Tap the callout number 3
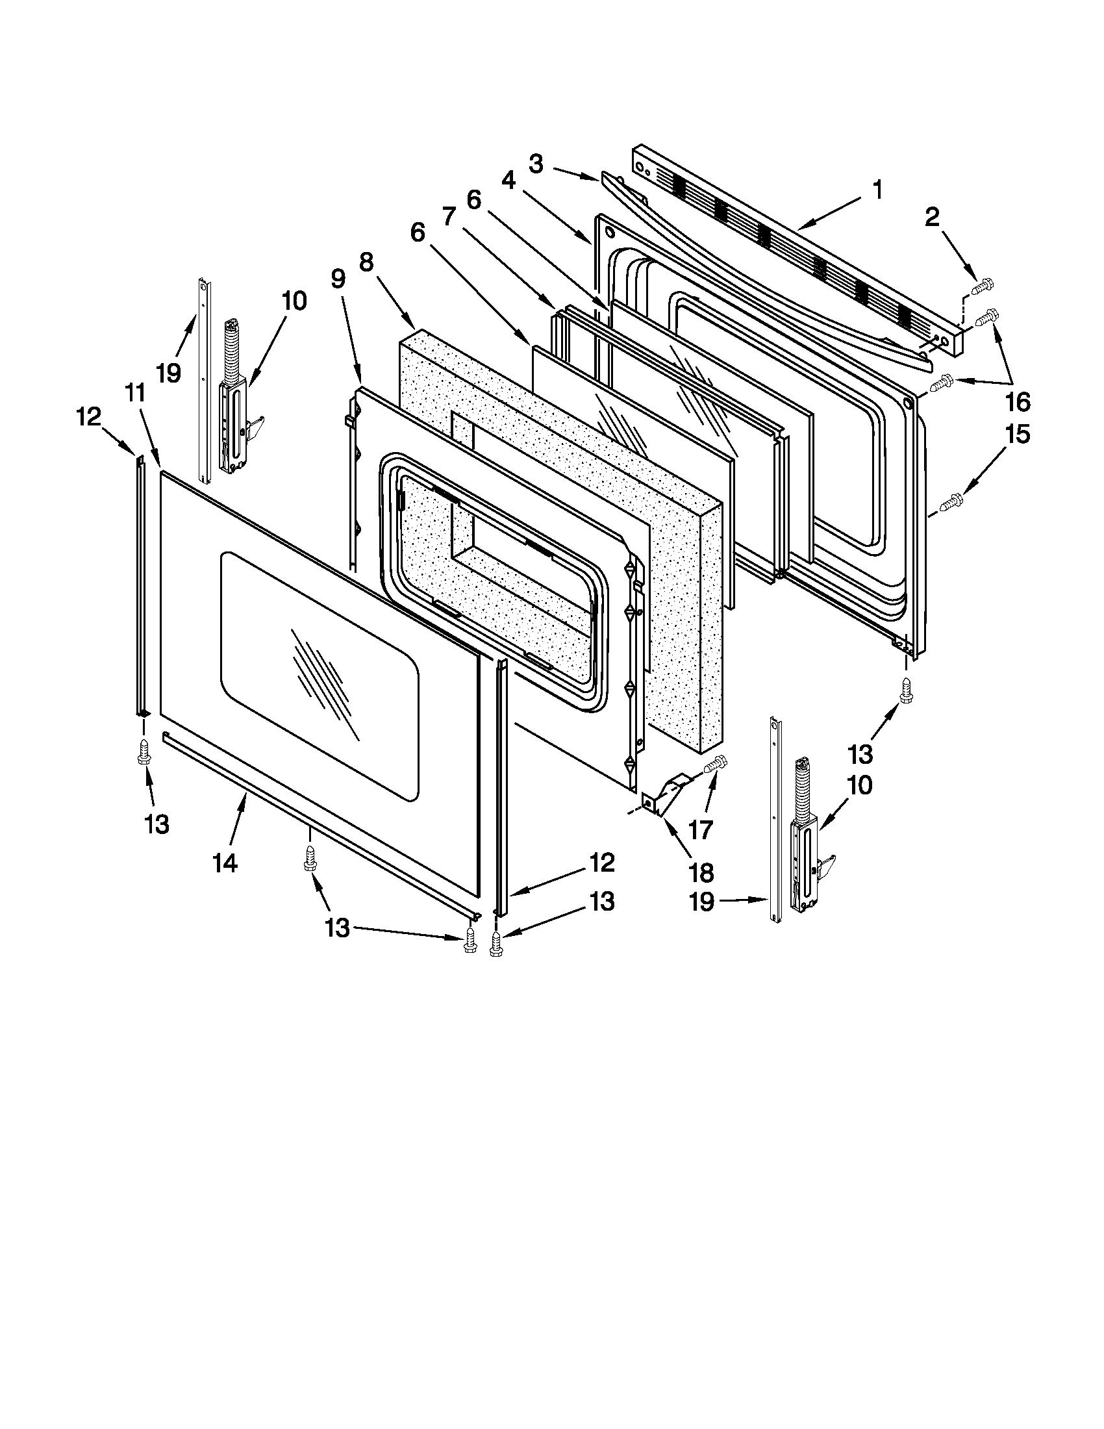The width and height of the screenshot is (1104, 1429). tap(536, 164)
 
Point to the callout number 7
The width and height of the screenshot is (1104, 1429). tap(448, 216)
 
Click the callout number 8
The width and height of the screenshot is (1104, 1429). tap(366, 262)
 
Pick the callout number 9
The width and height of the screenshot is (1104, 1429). tap(338, 279)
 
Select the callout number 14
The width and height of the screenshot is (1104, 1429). tap(224, 863)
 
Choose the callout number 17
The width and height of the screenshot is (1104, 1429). tap(700, 829)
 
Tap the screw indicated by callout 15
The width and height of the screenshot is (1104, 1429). tap(949, 503)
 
